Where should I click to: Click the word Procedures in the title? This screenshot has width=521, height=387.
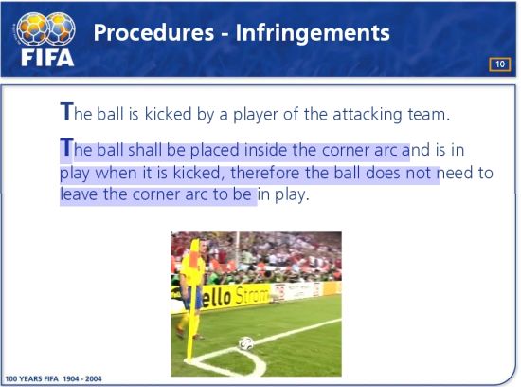tap(153, 32)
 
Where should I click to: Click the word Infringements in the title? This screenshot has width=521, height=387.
tap(313, 33)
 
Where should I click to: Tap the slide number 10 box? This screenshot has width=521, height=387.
tap(499, 64)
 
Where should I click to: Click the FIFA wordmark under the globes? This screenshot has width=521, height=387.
tap(47, 58)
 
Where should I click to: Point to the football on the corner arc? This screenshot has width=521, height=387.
tap(246, 343)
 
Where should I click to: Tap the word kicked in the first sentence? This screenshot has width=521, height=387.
tap(168, 114)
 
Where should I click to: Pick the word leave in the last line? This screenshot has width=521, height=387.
tap(79, 194)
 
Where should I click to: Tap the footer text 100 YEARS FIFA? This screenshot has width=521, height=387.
tap(31, 378)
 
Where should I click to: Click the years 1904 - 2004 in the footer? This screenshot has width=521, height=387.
tap(82, 378)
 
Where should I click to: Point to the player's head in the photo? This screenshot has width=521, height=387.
tap(202, 246)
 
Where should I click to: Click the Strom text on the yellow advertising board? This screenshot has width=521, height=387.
tap(252, 296)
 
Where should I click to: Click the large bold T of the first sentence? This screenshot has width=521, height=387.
tap(66, 112)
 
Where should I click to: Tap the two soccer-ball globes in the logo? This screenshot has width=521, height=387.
tap(45, 29)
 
